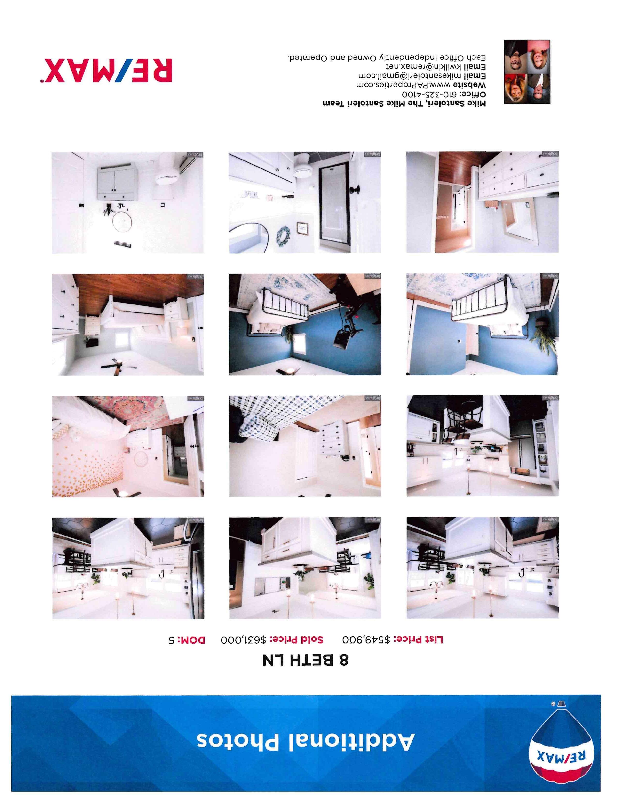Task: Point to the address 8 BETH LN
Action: coord(306,660)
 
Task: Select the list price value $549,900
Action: coord(367,640)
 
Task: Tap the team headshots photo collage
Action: coord(527,72)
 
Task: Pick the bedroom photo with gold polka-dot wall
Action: coord(128,446)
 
